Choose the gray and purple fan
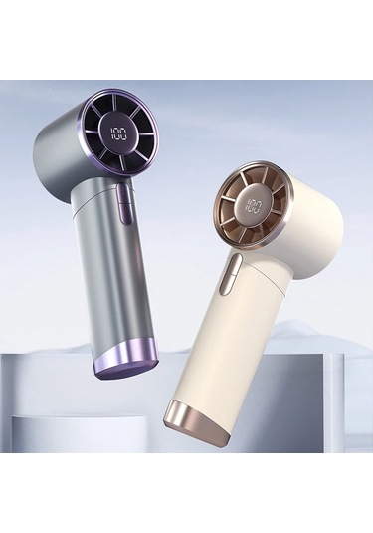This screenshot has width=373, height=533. pos(99,219)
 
